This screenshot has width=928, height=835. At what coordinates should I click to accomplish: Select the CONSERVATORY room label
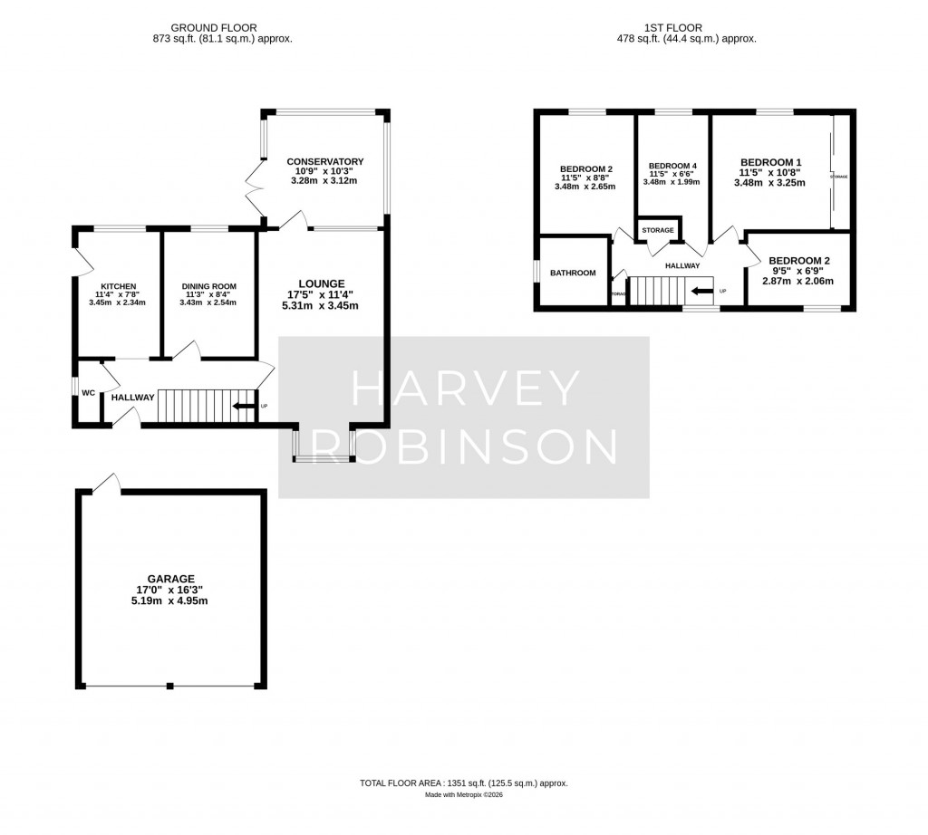324,162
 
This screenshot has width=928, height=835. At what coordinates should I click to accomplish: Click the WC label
89,393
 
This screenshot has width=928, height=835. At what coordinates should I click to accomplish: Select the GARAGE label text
171,579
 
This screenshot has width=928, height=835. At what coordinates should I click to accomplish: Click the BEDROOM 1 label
770,161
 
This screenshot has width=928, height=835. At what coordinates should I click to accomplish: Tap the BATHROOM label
574,273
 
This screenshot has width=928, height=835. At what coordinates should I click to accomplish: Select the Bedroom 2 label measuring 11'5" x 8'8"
585,168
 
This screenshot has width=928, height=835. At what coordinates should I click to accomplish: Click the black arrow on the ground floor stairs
243,406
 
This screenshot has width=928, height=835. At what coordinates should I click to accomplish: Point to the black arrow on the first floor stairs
701,292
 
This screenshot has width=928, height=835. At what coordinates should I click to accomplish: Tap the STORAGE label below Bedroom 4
658,230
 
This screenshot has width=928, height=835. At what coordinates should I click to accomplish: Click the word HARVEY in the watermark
464,389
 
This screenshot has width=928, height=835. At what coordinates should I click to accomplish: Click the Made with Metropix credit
464,795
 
